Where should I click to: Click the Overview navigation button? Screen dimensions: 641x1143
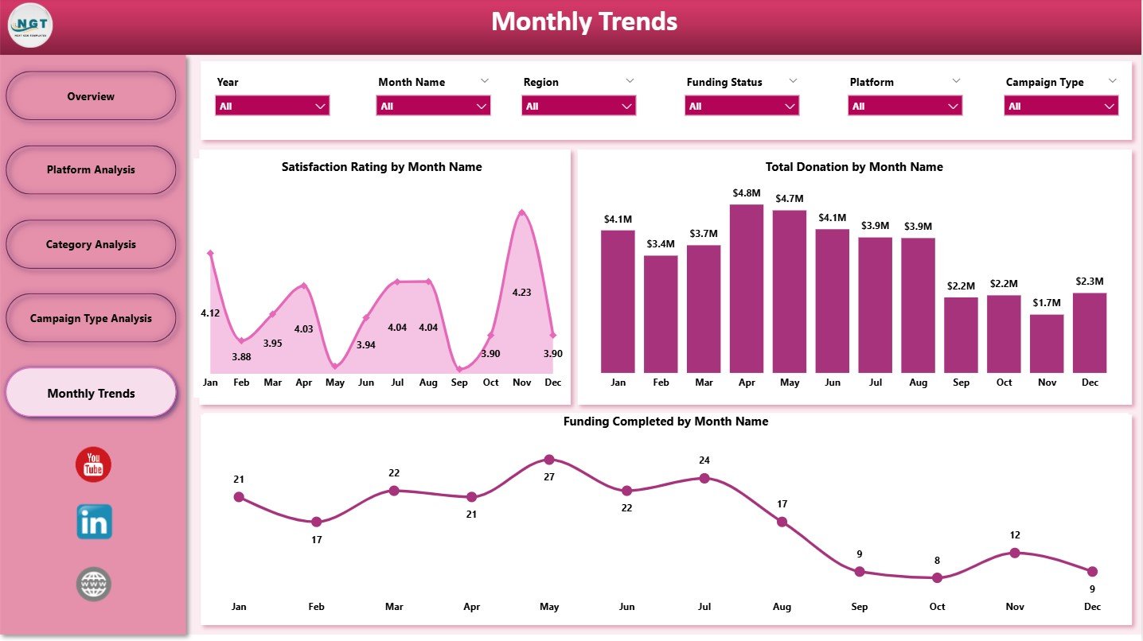(x=91, y=96)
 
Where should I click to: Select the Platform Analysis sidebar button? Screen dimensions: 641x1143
(x=91, y=170)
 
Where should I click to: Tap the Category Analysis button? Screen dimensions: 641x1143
(x=91, y=245)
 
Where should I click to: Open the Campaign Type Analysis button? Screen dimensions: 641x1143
(x=91, y=319)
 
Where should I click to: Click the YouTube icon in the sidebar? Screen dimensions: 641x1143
(x=93, y=464)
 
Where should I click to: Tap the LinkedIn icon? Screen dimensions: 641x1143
(x=94, y=523)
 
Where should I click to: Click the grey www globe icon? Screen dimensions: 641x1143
(x=93, y=585)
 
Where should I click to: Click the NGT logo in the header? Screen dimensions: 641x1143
(x=30, y=25)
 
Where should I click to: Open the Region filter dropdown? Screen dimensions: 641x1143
(x=579, y=106)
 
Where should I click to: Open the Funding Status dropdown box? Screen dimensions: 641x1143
(x=741, y=106)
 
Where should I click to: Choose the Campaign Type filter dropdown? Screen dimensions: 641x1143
(x=1060, y=106)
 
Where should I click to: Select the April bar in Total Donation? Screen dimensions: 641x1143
(x=747, y=289)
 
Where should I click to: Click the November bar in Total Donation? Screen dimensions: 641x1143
(x=1047, y=344)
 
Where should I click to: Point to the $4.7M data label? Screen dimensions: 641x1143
(x=790, y=198)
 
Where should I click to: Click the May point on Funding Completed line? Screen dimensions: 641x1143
(x=549, y=460)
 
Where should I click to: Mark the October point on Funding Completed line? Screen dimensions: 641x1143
(x=937, y=578)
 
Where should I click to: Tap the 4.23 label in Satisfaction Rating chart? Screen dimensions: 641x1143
(x=522, y=292)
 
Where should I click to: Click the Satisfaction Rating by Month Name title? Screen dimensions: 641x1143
(x=382, y=167)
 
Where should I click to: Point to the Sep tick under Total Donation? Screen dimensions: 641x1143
(x=961, y=383)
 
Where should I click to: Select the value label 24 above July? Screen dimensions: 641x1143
(x=704, y=460)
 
